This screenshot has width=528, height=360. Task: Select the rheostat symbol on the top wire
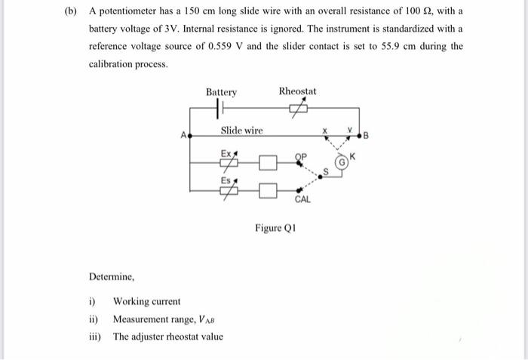(x=297, y=109)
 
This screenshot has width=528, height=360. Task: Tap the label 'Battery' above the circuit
(x=221, y=92)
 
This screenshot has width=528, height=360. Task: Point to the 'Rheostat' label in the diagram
(x=297, y=91)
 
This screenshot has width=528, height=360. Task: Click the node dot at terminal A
(x=189, y=137)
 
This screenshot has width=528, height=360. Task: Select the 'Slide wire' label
(x=241, y=131)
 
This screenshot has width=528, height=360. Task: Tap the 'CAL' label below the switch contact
(x=302, y=199)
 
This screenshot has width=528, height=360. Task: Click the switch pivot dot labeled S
(x=322, y=175)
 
